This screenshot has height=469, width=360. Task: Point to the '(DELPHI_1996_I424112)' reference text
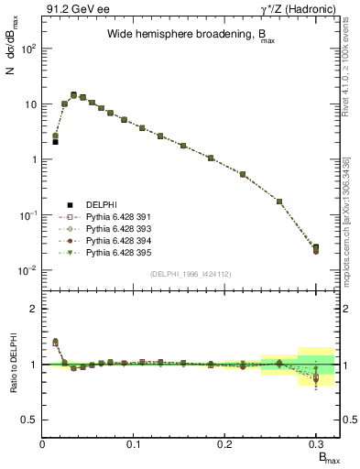point(190,273)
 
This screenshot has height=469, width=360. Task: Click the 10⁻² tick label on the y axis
point(27,270)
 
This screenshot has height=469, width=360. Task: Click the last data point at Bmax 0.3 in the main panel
point(316,248)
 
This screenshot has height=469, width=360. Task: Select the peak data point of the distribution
point(73,94)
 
